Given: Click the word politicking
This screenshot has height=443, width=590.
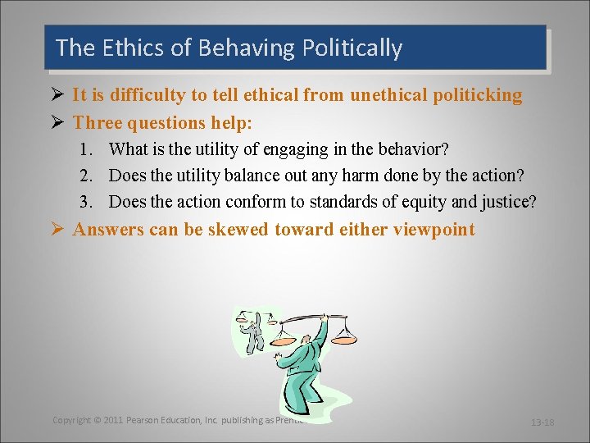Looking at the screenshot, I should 477,95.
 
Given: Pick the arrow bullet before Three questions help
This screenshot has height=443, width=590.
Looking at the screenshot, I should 57,123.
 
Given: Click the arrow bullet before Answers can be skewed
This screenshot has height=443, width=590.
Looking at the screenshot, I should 57,229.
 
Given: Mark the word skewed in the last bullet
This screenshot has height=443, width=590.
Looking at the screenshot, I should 238,229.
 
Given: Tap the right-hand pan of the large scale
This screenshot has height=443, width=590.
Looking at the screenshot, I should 345,337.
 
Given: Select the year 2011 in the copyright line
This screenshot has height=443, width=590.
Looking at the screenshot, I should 113,420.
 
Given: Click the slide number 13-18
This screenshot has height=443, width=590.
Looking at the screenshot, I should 542,422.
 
